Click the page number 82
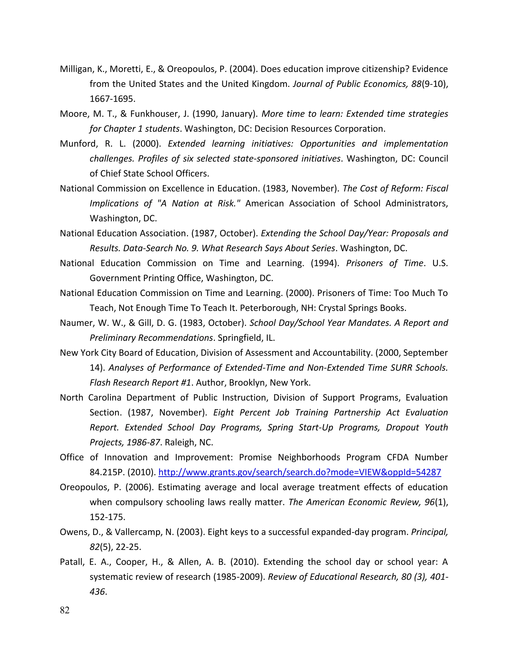tap(65, 610)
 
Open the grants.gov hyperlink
tap(299, 472)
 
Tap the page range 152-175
tap(107, 517)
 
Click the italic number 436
tap(97, 592)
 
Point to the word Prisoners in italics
tap(364, 263)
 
